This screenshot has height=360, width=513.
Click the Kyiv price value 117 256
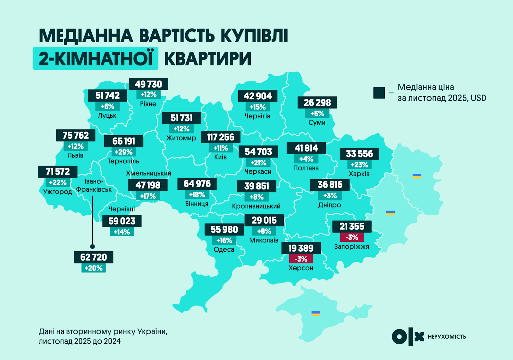pos(221,137)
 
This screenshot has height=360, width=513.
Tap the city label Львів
pos(75,155)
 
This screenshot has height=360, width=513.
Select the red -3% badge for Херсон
pos(301,259)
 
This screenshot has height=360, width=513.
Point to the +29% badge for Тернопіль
pos(123,152)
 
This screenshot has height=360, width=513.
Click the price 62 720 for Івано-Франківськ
pos(93,257)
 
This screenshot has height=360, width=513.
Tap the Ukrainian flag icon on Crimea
pos(316,313)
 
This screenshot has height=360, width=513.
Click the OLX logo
pos(408,337)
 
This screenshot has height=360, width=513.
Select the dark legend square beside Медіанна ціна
pos(379,93)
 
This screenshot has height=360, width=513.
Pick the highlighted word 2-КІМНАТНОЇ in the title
pos(96,59)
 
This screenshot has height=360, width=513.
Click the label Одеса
pos(224,250)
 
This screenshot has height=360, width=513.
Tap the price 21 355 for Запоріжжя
pos(352,226)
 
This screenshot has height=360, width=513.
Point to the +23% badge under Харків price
pos(359,165)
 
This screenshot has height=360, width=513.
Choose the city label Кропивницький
pos(256,206)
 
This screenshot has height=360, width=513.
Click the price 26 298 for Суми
pos(317,103)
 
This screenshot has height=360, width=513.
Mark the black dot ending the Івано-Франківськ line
pos(93,247)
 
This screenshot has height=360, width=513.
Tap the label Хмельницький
pos(148,173)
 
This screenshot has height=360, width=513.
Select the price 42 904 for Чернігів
pos(257,96)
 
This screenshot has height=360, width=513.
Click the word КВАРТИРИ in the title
pos(208,59)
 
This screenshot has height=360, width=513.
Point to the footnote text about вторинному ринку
pos(103,336)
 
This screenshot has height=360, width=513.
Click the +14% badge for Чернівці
pos(122,232)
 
